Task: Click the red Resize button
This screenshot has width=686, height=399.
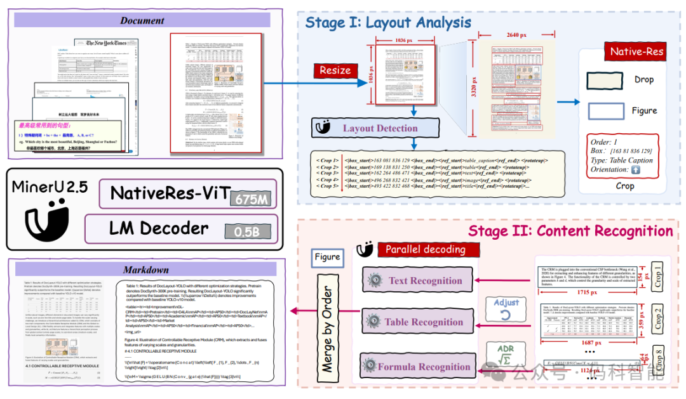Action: pyautogui.click(x=335, y=70)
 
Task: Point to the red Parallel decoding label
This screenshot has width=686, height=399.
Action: pyautogui.click(x=425, y=249)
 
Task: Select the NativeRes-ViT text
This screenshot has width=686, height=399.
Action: pyautogui.click(x=169, y=192)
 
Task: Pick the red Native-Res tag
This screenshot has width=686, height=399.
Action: pyautogui.click(x=636, y=51)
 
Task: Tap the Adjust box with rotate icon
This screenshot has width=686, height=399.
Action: pyautogui.click(x=506, y=308)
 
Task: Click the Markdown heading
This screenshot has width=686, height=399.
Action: pyautogui.click(x=145, y=270)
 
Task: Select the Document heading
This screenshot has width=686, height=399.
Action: pyautogui.click(x=142, y=20)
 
